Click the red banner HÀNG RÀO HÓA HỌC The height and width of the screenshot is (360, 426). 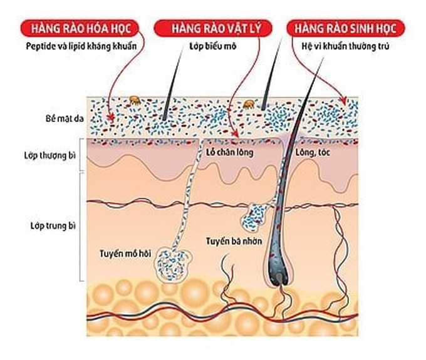point(80,28)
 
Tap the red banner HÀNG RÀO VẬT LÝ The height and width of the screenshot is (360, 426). point(213,28)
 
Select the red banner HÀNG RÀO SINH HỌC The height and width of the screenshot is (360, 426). point(346,28)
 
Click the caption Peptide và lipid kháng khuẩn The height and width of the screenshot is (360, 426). point(81,46)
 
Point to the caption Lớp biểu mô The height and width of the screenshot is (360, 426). point(213,46)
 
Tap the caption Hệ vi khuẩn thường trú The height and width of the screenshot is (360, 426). point(345,46)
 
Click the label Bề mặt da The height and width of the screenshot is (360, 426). point(65,118)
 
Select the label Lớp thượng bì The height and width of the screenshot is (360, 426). point(50,155)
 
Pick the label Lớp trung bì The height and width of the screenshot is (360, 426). point(53,226)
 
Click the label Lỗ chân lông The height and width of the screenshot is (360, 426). point(229,152)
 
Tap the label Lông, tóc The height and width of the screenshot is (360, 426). point(313,152)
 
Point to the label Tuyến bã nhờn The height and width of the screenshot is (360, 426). point(234,241)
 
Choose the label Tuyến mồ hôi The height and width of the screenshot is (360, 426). point(125,254)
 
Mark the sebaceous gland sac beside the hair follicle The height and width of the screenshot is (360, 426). point(256,218)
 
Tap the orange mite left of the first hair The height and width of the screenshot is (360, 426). point(135,100)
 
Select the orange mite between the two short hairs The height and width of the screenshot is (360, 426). point(249,105)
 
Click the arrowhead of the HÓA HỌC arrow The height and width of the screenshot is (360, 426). point(111,117)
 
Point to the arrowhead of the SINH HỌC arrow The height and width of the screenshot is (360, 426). point(344,101)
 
